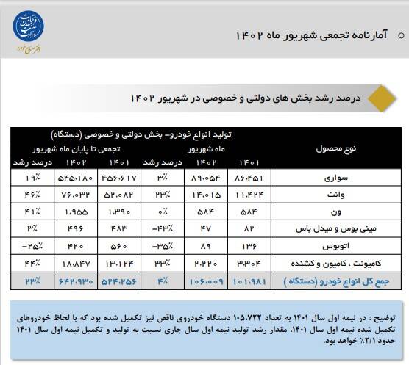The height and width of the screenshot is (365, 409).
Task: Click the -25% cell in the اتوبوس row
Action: (32, 245)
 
